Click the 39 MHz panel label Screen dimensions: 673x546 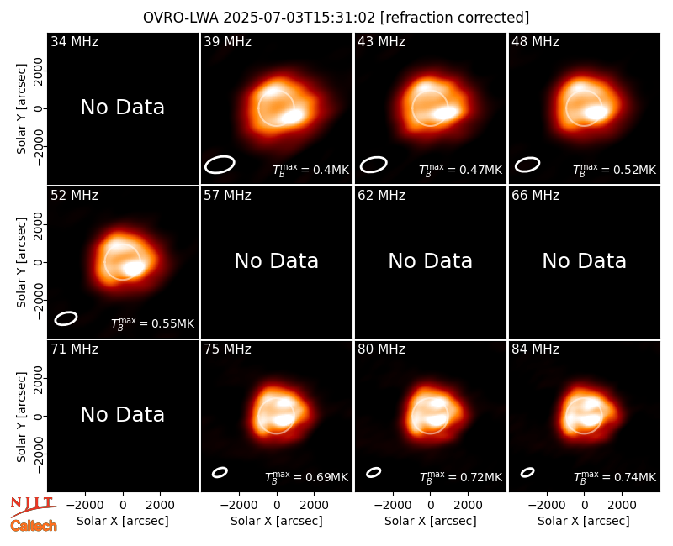point(227,41)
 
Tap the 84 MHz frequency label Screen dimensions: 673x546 point(535,349)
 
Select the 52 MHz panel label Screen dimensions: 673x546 point(74,196)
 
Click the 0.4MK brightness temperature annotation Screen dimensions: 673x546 point(310,170)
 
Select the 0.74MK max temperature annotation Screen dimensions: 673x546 point(615,477)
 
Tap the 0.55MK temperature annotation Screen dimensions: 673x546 point(153,323)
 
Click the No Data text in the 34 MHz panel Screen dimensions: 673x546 point(122,108)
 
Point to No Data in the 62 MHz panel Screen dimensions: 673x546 point(430,261)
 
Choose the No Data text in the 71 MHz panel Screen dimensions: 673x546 point(122,415)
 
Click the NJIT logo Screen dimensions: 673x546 point(33,505)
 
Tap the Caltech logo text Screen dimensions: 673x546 point(34,526)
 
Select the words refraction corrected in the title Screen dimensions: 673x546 point(454,18)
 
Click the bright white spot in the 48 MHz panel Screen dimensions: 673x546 point(596,113)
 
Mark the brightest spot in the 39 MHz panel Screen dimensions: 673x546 point(292,116)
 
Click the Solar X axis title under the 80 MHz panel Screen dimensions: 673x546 point(430,521)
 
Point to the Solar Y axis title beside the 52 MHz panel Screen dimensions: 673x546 point(22,263)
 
